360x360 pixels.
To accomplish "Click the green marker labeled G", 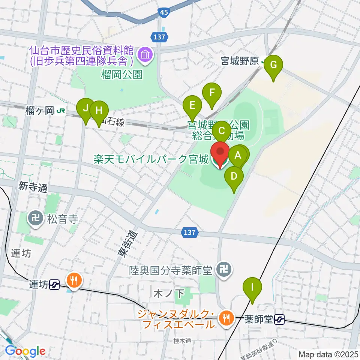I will point(273,66).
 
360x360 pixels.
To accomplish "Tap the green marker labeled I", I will point(252,288).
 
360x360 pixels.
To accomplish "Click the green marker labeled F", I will point(212,93).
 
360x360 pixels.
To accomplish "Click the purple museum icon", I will point(144,55).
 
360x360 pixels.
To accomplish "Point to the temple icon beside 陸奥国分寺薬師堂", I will point(224,269).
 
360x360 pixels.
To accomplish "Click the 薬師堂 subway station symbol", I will point(279,319).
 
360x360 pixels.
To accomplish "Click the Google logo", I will point(25,351).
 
